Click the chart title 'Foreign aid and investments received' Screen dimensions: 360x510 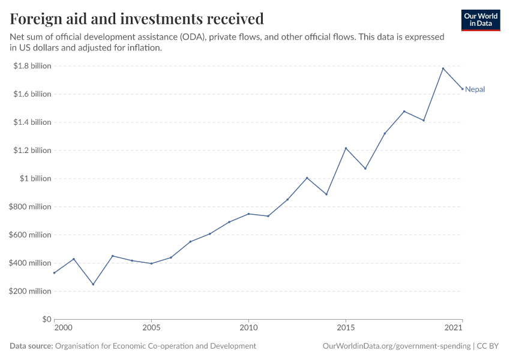(137, 19)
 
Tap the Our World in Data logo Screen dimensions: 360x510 (480, 20)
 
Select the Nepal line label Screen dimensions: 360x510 (475, 89)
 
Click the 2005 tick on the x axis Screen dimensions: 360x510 (151, 328)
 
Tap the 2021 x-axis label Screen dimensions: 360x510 (454, 328)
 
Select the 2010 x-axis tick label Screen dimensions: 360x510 (248, 328)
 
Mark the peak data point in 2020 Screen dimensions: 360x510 (443, 68)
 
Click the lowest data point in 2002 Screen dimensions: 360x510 (93, 284)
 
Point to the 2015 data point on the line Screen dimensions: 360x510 (346, 148)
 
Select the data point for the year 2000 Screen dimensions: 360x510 (54, 273)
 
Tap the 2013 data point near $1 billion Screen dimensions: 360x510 (307, 178)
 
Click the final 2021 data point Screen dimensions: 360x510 (462, 89)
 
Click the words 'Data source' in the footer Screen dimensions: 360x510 (31, 346)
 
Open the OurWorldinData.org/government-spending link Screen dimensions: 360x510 (396, 346)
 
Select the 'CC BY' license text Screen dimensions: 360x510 (488, 346)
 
